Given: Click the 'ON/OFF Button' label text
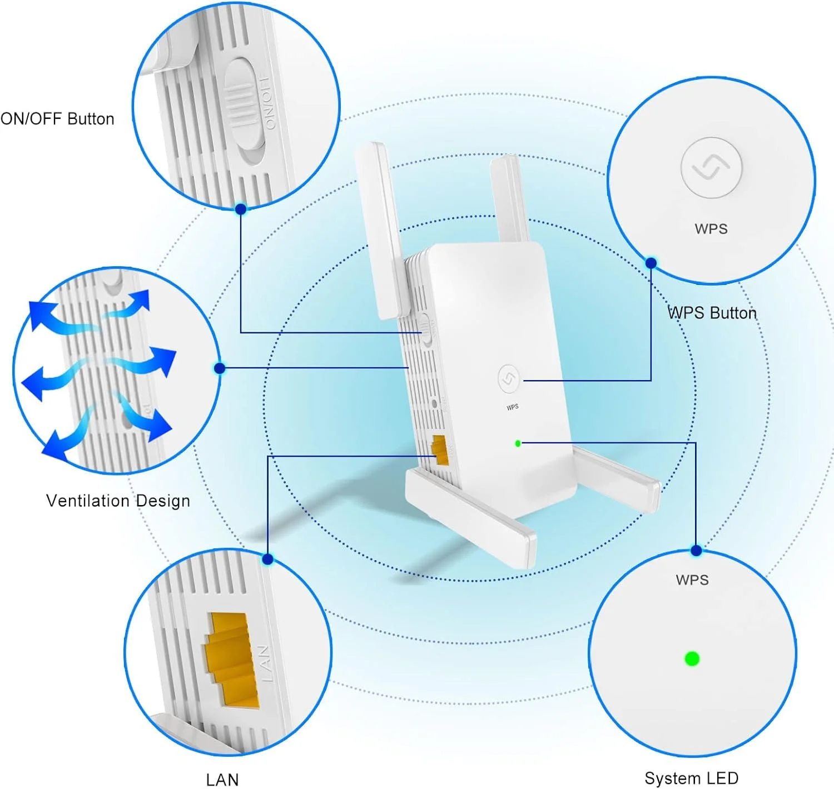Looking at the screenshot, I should (x=57, y=119).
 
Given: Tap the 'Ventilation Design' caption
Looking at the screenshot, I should (x=118, y=501).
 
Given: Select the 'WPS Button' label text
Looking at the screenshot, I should (x=712, y=313).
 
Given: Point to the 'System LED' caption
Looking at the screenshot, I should (x=692, y=778).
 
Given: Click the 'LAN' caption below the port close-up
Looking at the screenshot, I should (x=222, y=780).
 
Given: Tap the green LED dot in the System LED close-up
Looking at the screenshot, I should (x=692, y=659).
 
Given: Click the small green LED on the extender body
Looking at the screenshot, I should (x=518, y=443).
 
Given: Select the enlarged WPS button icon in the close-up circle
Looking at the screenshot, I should (x=711, y=167).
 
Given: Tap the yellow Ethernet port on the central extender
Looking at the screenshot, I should (x=440, y=450).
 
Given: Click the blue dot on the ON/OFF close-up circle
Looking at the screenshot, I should (x=241, y=209).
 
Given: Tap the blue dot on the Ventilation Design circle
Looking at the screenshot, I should (x=220, y=368).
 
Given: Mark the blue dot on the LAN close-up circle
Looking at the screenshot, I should (x=268, y=559).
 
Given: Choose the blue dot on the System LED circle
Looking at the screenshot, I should (x=696, y=551).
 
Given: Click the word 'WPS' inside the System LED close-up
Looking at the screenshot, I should (x=692, y=580).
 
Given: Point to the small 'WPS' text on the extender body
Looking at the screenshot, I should (x=513, y=407).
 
